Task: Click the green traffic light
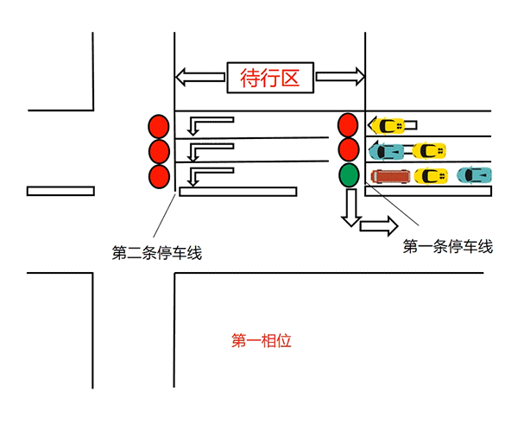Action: (348, 175)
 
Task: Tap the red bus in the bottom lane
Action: (389, 176)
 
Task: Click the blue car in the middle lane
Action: (387, 151)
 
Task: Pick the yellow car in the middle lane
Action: (429, 151)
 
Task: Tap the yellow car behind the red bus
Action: (431, 176)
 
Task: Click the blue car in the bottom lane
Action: (474, 175)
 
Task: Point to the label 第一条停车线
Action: (448, 247)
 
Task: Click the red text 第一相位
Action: (262, 340)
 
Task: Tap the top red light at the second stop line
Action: (158, 126)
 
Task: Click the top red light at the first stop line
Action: (348, 124)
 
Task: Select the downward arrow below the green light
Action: (350, 207)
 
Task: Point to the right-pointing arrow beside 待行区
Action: (340, 77)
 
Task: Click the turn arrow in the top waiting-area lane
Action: (208, 123)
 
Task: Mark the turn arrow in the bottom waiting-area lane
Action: (208, 175)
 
